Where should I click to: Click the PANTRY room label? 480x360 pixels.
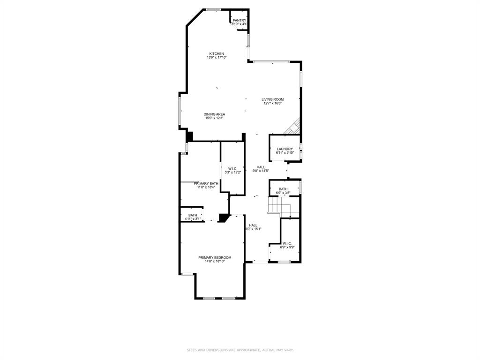click(240, 20)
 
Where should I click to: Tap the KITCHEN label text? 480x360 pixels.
click(217, 53)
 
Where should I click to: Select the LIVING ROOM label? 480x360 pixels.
click(272, 99)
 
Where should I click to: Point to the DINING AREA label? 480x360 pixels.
click(214, 114)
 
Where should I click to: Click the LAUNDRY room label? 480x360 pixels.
click(285, 149)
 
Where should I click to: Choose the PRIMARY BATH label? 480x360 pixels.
click(206, 183)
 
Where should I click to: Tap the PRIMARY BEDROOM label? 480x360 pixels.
click(215, 257)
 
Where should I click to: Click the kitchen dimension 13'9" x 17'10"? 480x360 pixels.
click(217, 58)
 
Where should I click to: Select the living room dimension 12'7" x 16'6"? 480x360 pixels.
click(272, 104)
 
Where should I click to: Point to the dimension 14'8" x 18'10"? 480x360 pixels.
click(215, 262)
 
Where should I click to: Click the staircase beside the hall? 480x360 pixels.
click(279, 206)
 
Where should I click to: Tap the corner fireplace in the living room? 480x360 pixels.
click(293, 127)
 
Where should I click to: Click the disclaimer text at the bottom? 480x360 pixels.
click(240, 350)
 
